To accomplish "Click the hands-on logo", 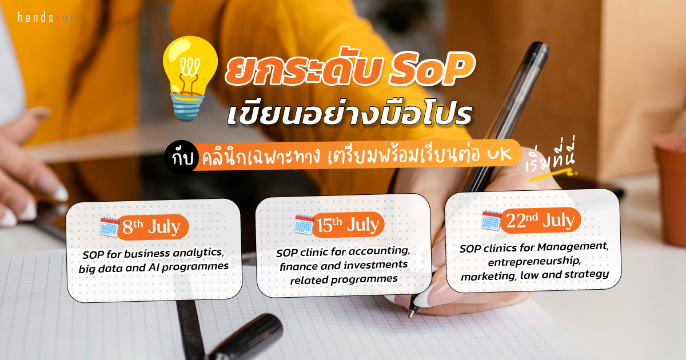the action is click(46, 18).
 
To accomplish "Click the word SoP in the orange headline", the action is click(432, 70).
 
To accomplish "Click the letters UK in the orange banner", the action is click(499, 154).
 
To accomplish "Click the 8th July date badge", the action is click(153, 227).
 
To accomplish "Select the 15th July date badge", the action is click(348, 225).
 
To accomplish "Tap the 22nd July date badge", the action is click(541, 220).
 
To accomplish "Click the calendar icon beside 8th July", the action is click(109, 227).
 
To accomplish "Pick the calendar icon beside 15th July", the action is click(304, 225).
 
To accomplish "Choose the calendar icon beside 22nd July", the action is click(491, 221).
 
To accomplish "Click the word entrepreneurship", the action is click(534, 262).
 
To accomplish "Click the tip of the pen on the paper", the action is click(410, 315).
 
